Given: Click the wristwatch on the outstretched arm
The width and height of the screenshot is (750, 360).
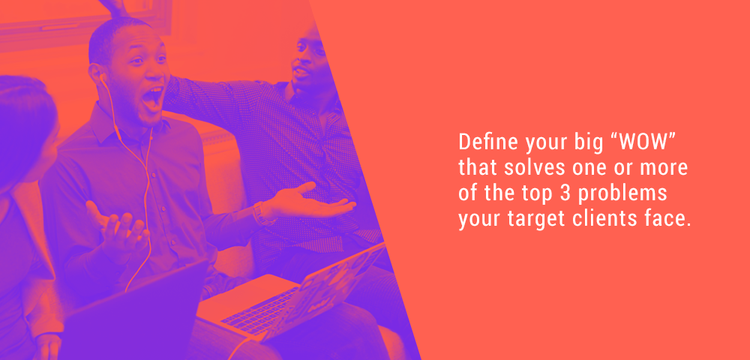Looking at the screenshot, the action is (x=260, y=213).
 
